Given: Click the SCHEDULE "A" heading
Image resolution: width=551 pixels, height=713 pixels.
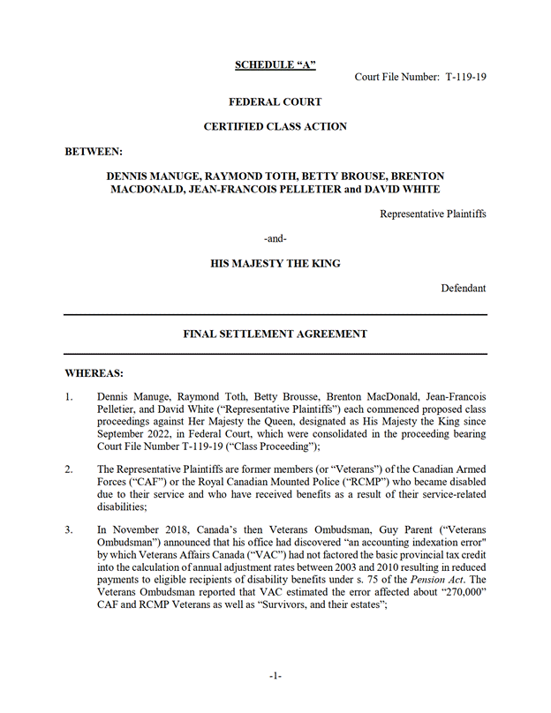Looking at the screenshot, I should pos(275,64).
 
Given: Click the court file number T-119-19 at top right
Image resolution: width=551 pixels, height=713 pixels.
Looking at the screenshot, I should pos(465,77).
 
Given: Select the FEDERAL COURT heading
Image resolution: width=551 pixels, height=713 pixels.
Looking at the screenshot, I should pos(275,102).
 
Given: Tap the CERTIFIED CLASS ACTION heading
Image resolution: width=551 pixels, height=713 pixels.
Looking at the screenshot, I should pos(275,127).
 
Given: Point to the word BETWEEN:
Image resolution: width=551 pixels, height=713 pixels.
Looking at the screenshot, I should pos(94,152).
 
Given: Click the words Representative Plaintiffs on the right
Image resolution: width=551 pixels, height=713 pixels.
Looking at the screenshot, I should pos(433,214).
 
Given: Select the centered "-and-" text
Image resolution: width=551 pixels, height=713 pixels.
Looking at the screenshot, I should pos(275,238).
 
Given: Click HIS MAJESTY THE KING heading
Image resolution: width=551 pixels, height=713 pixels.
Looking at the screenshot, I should pos(275,263).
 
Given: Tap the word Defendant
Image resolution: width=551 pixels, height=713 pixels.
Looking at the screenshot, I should pos(463,288).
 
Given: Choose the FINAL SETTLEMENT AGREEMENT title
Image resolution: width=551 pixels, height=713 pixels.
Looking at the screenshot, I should pos(275,334).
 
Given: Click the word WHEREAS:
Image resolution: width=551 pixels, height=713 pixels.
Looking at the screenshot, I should pos(94,373).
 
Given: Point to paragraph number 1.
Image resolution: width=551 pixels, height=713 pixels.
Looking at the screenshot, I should pos(70,398).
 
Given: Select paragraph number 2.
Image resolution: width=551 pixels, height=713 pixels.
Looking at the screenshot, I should pos(70,469).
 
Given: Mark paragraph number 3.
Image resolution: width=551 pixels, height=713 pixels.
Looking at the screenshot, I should pos(70,529).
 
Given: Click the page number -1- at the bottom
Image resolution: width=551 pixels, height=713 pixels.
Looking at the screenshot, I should pos(275,675).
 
